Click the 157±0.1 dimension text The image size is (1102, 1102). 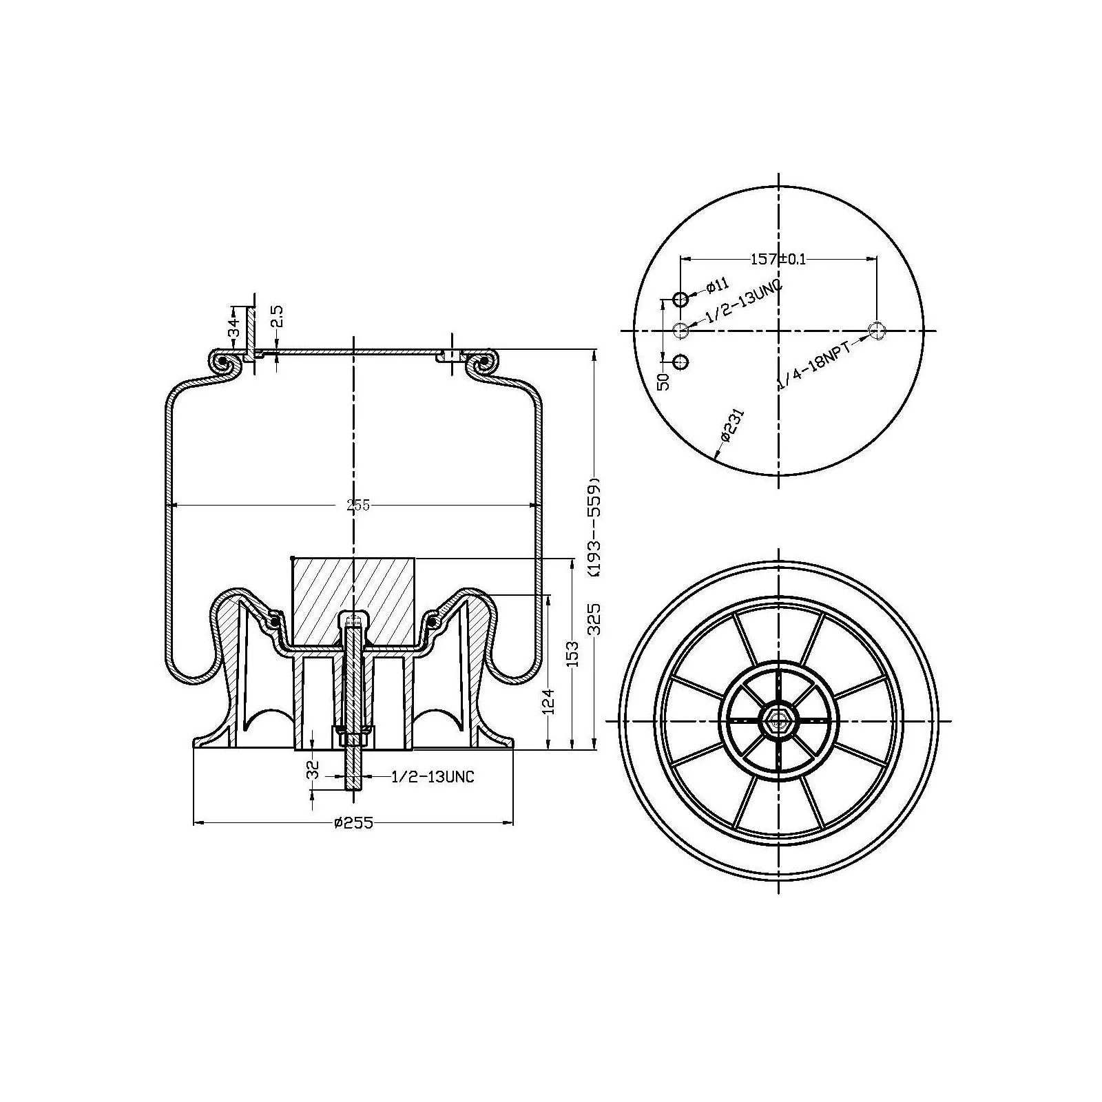pos(778,259)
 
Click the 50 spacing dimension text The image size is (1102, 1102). pos(663,382)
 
